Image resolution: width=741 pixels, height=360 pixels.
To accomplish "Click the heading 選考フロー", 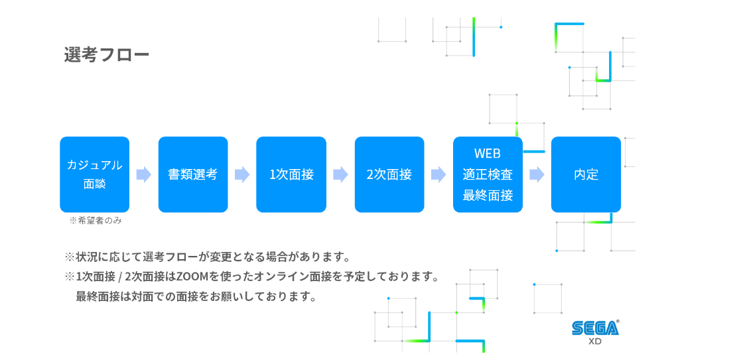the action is pos(106,55).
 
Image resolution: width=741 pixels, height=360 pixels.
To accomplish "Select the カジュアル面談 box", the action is pos(94,174).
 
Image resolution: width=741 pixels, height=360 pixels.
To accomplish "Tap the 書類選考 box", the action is pos(193,174).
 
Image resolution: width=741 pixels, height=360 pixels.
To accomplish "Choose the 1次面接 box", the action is pos(291,174).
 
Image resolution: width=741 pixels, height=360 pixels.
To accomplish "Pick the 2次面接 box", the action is pos(389,174).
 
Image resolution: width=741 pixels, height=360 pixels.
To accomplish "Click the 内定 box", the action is pos(586,174).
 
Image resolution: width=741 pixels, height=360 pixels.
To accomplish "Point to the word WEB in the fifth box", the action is pos(488,154).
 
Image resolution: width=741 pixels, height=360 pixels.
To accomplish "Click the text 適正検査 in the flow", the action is pos(488,174).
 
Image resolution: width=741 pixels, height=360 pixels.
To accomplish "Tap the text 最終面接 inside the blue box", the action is pos(488,195).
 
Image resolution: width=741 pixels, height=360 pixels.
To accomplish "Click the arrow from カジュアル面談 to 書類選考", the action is pos(144,175).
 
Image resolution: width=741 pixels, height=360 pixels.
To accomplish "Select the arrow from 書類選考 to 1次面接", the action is pos(242,175).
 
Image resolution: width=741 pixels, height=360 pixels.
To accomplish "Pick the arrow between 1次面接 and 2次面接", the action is pos(340,175).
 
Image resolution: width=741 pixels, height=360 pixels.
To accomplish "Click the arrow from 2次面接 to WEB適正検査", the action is pos(438,175).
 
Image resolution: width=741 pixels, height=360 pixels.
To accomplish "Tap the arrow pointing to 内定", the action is pos(537,175).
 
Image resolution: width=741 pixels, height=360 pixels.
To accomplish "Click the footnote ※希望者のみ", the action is pos(96,221).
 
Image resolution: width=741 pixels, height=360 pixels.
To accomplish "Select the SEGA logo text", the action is pos(596,328).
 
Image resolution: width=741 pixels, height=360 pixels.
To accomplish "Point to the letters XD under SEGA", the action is pos(596,341).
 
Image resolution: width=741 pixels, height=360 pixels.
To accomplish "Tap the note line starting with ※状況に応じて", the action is pos(207,258).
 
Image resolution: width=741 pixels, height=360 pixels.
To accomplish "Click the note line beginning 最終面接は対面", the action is pos(196,297).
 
